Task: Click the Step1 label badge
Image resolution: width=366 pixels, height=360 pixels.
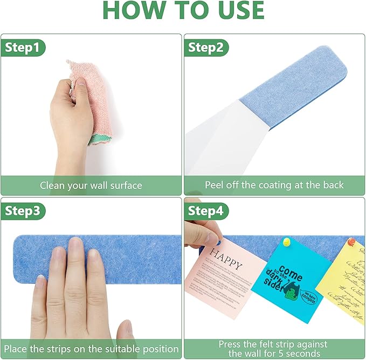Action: click(x=22, y=47)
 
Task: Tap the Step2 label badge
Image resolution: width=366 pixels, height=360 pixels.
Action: click(x=205, y=47)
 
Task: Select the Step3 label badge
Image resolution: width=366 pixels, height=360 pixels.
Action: click(x=22, y=211)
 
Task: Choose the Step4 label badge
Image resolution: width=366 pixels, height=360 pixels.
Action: click(x=205, y=211)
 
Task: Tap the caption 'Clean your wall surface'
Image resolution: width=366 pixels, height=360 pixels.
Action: click(x=91, y=185)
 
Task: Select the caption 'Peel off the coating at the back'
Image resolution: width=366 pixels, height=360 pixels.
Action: click(x=274, y=185)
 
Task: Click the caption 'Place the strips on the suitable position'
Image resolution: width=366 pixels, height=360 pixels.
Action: click(x=91, y=349)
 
